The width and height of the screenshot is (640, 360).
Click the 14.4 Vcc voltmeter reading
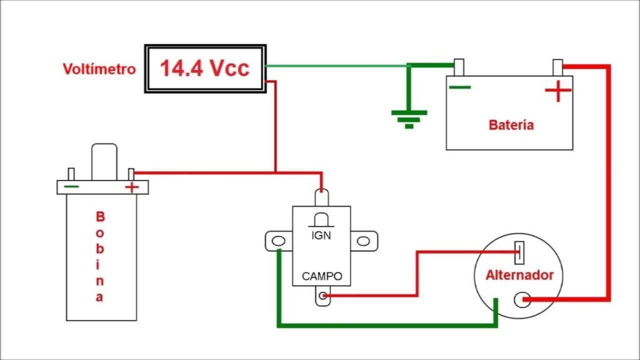(x=204, y=67)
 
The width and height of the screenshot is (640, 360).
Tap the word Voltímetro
(x=99, y=69)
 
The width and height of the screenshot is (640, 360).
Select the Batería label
(x=511, y=124)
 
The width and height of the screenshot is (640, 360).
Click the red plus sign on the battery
(x=558, y=91)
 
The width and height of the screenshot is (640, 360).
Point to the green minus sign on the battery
(x=460, y=87)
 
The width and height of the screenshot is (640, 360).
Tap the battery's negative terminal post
(x=459, y=67)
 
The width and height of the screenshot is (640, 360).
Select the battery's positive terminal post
(x=557, y=67)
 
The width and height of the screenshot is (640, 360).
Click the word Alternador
(x=519, y=275)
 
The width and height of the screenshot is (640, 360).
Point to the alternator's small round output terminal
(x=522, y=300)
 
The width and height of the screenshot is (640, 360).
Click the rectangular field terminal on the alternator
(x=519, y=252)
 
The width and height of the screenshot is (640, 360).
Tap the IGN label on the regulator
(x=321, y=236)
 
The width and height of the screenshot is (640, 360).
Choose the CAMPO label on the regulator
(x=322, y=276)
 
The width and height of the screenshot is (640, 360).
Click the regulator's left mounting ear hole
(x=278, y=241)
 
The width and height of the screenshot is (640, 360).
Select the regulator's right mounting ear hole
(x=363, y=241)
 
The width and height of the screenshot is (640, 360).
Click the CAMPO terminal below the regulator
(x=322, y=296)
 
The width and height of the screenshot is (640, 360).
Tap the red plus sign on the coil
(x=132, y=187)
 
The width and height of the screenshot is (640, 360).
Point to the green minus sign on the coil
(x=71, y=186)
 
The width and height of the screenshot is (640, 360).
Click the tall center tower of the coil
(x=104, y=162)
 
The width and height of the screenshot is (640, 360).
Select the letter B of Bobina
(x=100, y=216)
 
